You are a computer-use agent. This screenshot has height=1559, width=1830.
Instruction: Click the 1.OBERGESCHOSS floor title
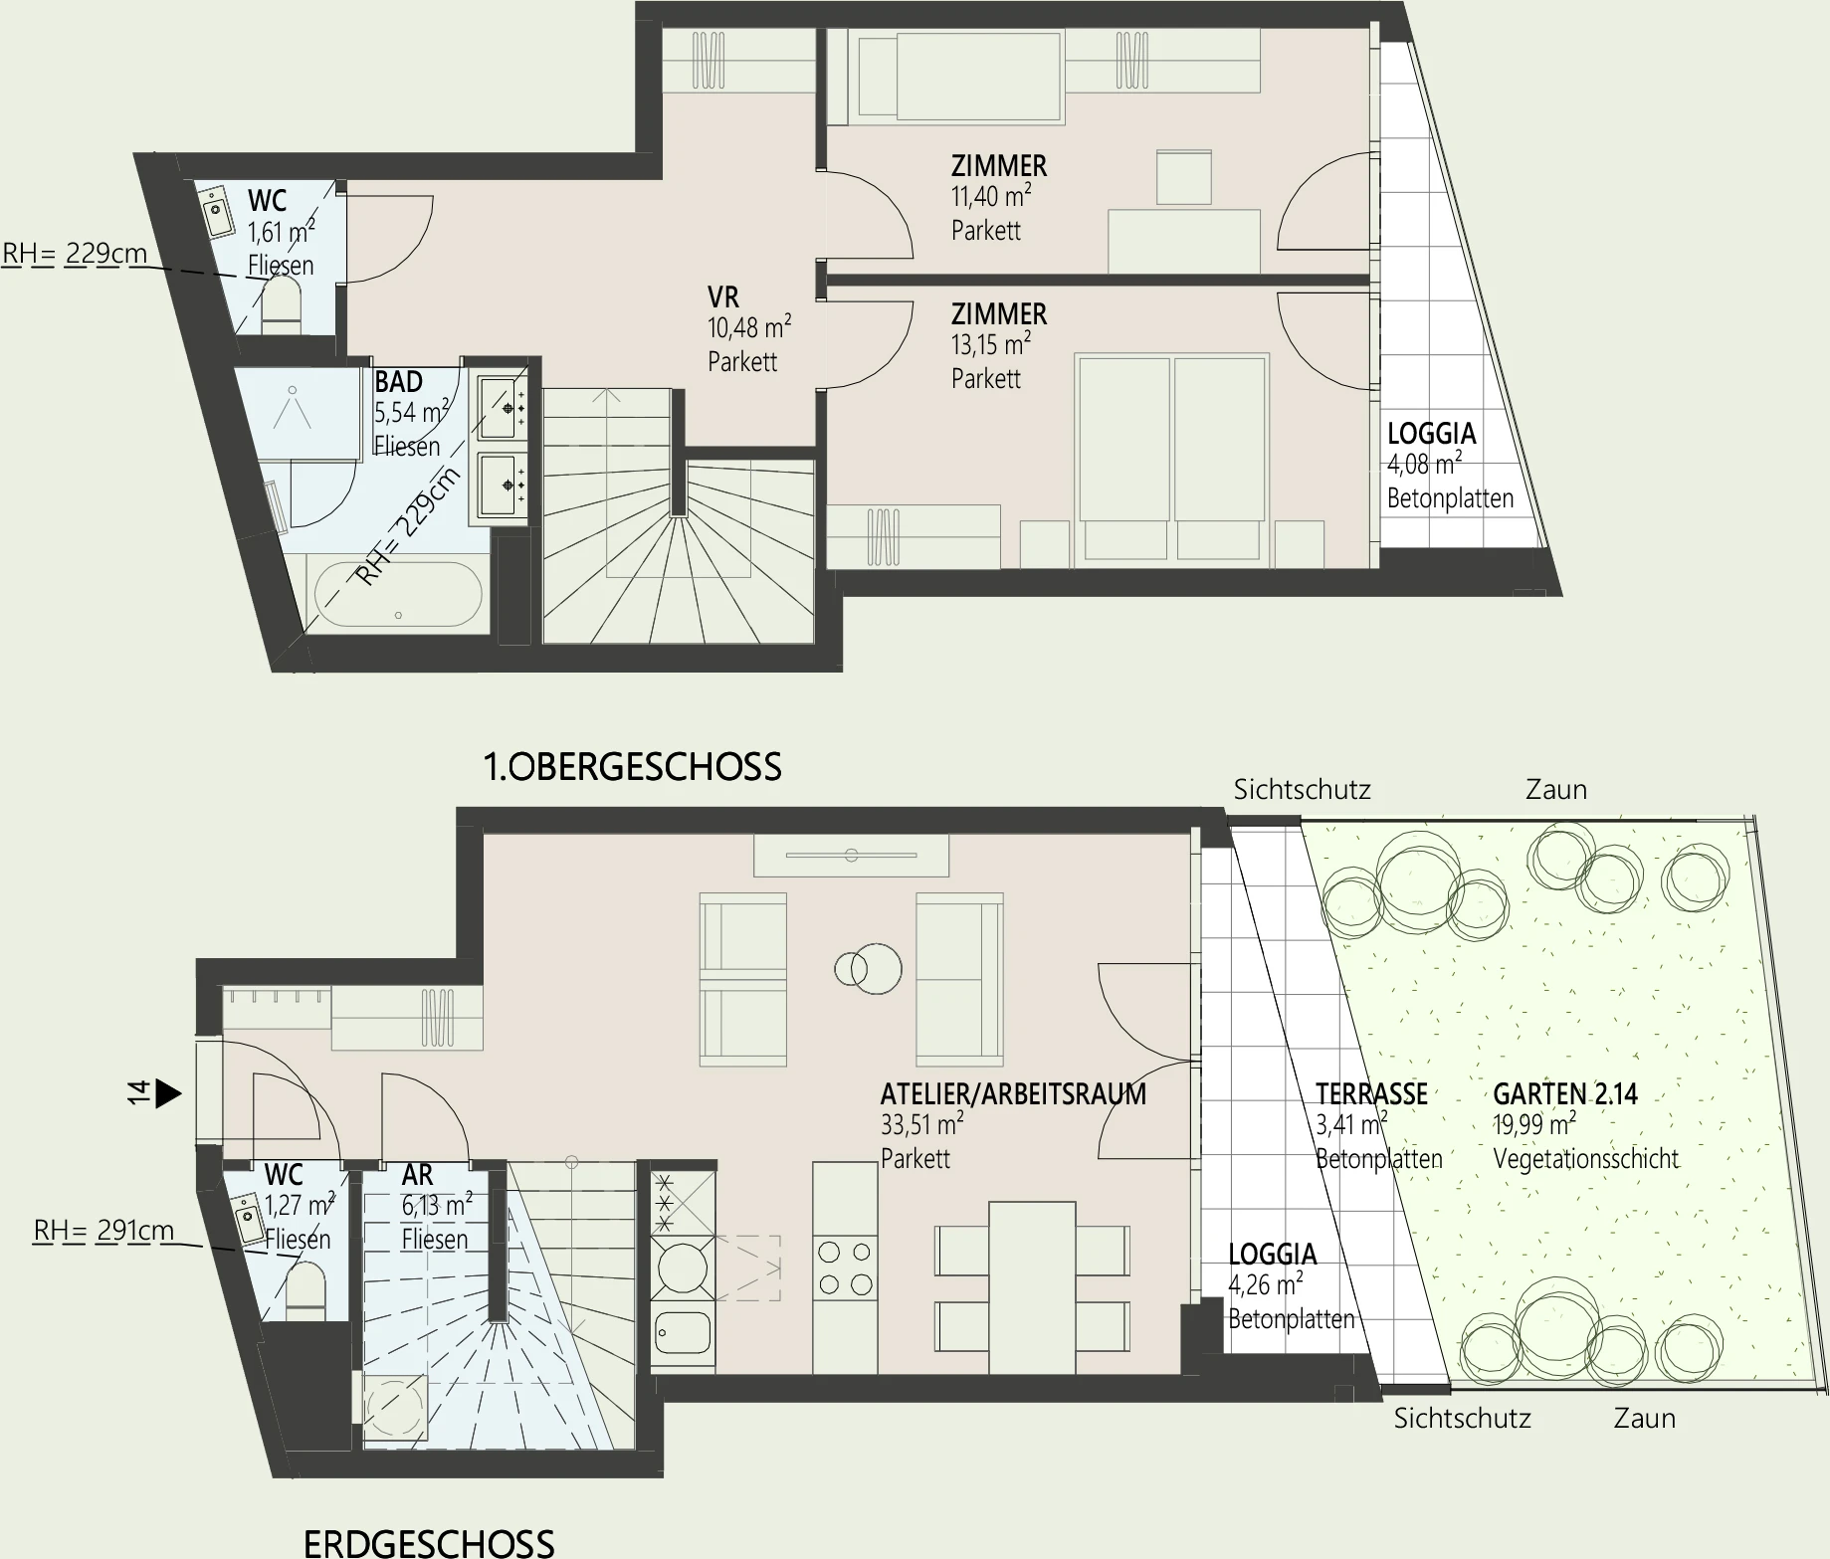tap(632, 767)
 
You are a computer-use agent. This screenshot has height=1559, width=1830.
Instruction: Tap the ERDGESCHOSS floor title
tap(429, 1542)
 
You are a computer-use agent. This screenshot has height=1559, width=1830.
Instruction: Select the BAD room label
tap(398, 382)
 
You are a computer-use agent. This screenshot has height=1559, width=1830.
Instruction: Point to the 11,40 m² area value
tap(990, 197)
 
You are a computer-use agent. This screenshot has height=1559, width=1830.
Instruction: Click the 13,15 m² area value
tap(990, 345)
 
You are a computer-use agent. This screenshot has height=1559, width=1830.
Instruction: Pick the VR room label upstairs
tap(723, 297)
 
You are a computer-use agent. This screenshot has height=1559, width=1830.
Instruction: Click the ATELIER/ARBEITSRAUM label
tap(1013, 1094)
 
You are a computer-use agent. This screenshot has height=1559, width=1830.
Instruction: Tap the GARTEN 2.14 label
tap(1565, 1094)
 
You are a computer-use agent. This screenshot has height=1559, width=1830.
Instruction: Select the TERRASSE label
tap(1371, 1094)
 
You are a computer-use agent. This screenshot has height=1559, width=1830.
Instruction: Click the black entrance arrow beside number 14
tap(169, 1094)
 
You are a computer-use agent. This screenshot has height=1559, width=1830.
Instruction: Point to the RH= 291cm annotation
tap(103, 1232)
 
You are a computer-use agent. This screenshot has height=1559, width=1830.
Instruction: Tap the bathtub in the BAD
tap(398, 594)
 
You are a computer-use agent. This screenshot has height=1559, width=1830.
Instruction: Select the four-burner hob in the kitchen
tap(845, 1268)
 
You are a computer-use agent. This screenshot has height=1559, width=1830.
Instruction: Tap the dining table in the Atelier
tap(1032, 1287)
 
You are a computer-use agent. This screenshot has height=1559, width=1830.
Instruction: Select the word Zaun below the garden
tap(1644, 1419)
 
